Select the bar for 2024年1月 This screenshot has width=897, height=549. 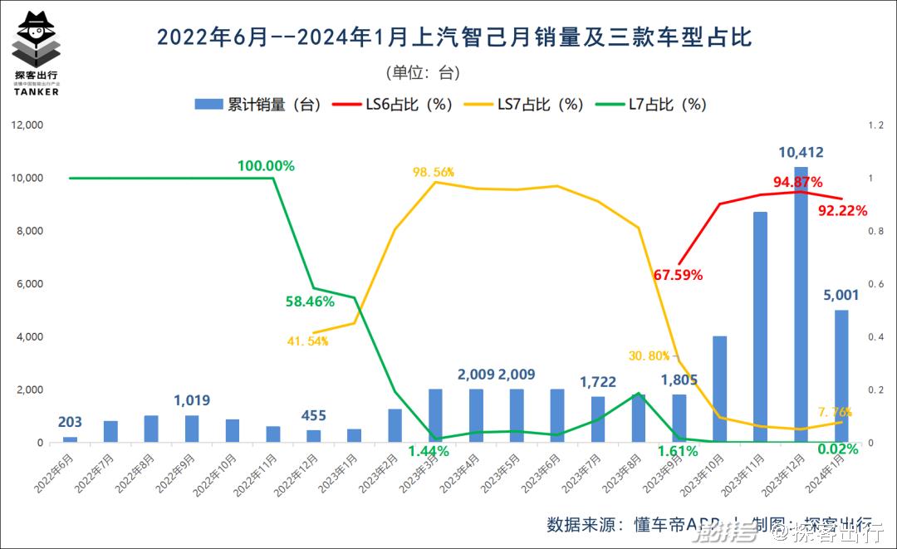[x=841, y=375]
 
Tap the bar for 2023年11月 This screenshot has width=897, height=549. [x=760, y=327]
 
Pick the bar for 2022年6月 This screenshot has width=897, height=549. [x=70, y=439]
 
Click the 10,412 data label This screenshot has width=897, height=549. [x=801, y=152]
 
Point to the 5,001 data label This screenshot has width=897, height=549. [x=841, y=295]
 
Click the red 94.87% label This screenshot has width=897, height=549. [x=797, y=182]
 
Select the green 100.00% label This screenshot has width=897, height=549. [x=266, y=165]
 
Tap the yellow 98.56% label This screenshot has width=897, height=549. [x=434, y=172]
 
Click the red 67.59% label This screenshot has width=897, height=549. [x=678, y=274]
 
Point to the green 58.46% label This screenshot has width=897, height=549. [x=309, y=301]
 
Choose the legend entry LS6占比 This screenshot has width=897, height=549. [x=398, y=104]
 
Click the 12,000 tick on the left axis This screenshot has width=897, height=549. [x=26, y=125]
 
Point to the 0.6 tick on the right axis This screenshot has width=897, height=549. [x=876, y=284]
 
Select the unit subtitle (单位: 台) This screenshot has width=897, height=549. [x=423, y=72]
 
